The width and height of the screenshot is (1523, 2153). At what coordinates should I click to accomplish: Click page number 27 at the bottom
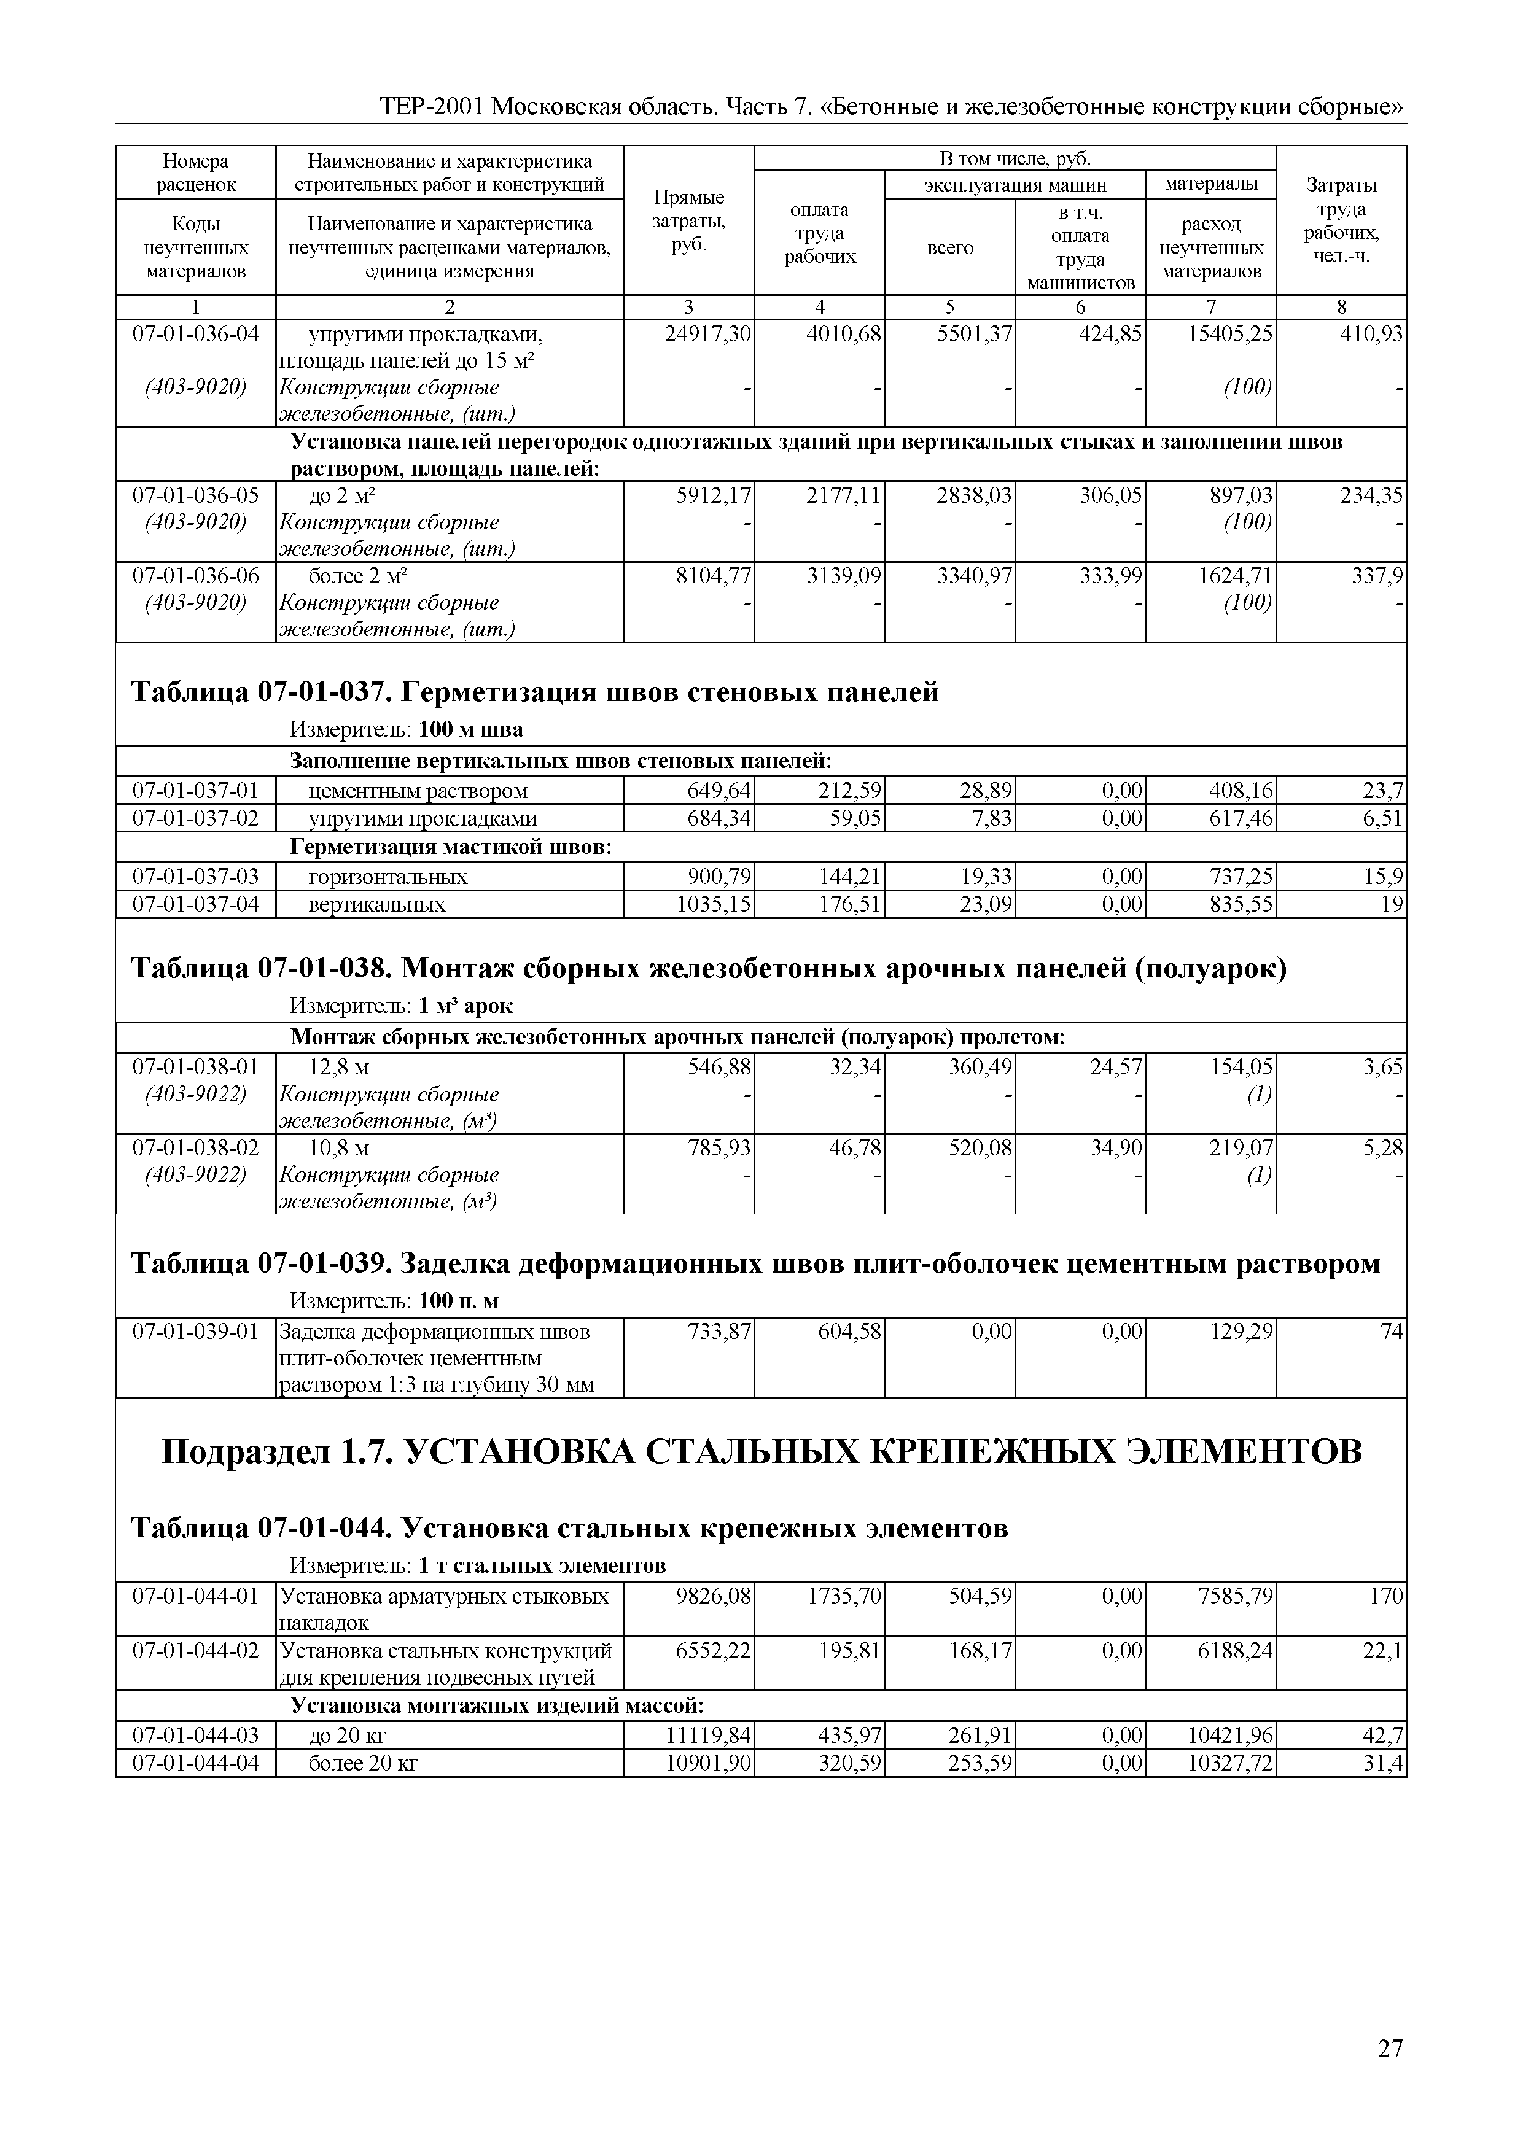(x=1390, y=2049)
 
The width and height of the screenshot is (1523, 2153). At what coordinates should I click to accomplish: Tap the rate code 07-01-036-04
(x=195, y=334)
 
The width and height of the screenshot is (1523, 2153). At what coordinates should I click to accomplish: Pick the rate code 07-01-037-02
(x=195, y=818)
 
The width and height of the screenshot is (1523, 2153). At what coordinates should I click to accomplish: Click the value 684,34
(x=719, y=818)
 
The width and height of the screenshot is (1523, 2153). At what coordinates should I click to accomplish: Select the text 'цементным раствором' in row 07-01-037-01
(x=418, y=791)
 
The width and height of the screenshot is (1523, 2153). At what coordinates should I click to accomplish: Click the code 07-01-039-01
(x=195, y=1332)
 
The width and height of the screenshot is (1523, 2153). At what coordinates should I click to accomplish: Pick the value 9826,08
(x=714, y=1596)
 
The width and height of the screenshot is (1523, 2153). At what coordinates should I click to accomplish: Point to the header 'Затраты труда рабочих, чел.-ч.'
(x=1341, y=221)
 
